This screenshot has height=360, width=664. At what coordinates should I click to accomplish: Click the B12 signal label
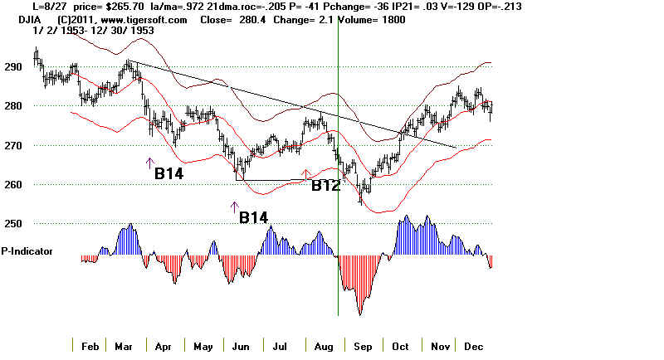coord(326,186)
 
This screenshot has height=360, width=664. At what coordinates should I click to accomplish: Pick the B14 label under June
coord(254,218)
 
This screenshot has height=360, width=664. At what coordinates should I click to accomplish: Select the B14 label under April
coord(169,174)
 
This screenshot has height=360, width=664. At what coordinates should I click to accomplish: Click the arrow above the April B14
coord(150,163)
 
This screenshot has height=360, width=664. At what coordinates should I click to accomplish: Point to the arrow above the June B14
coord(233,207)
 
